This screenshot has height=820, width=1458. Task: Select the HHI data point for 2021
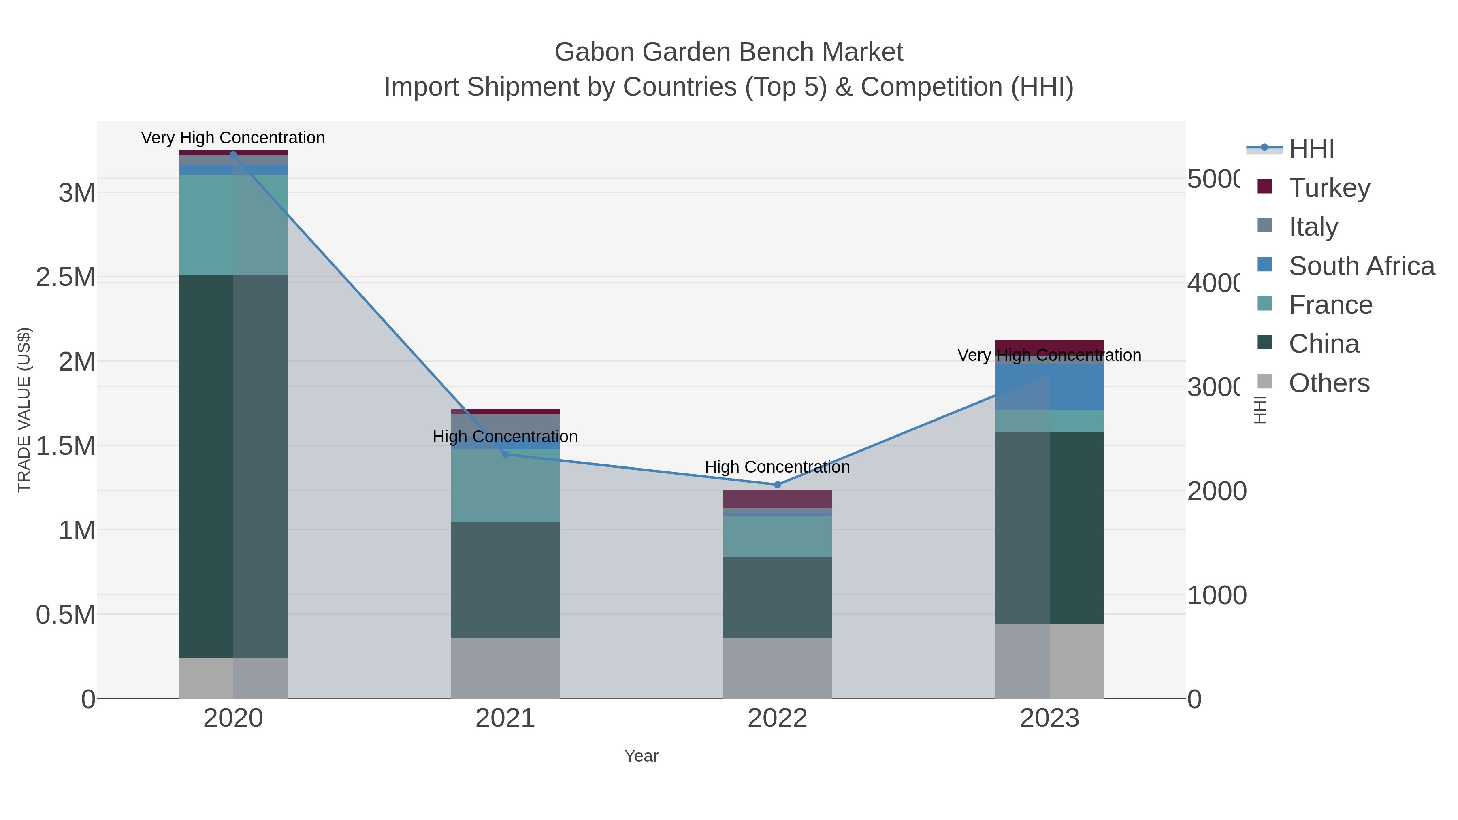coord(505,454)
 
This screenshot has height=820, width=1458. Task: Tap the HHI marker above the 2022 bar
coord(777,484)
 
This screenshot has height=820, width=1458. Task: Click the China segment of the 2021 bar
coord(505,579)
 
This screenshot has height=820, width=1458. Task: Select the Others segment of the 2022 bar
coord(777,668)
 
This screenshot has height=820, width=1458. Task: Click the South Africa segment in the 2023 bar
coord(1049,387)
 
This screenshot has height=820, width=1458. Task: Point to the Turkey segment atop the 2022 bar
coord(777,498)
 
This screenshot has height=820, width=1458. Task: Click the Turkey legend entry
coord(1329,187)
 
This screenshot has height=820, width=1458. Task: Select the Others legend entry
coord(1328,383)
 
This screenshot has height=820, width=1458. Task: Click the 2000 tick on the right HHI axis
coord(1216,491)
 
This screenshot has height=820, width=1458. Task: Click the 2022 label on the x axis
coord(777,718)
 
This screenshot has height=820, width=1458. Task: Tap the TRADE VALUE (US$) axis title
coord(24,410)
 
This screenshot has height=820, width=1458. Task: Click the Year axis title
coord(641,756)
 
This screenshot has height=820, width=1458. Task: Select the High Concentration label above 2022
coord(777,467)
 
